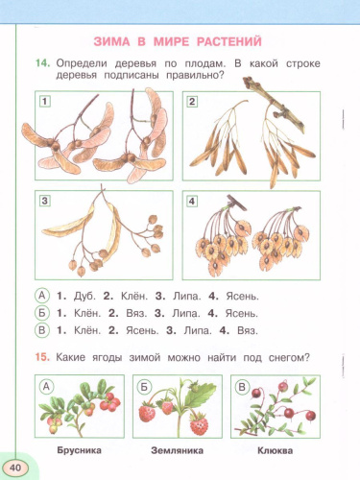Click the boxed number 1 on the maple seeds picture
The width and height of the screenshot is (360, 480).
[x=44, y=101]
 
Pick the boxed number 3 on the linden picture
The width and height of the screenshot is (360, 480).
[x=44, y=201]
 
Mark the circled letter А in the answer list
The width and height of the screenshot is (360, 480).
[x=41, y=296]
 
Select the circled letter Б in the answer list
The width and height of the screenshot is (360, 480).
[x=41, y=313]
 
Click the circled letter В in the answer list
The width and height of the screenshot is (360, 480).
[x=41, y=331]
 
